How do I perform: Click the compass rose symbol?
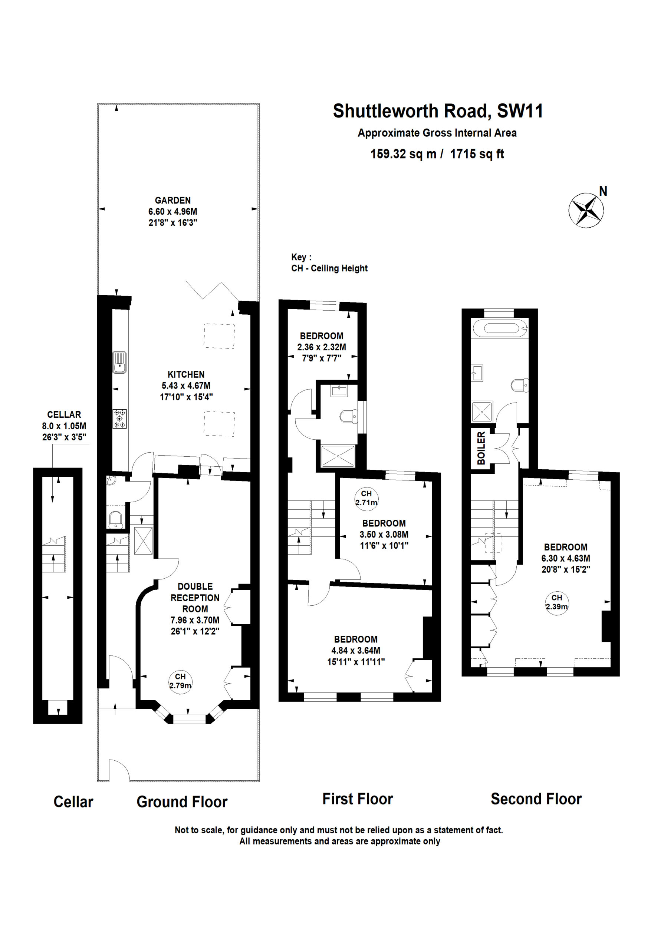pyautogui.click(x=586, y=210)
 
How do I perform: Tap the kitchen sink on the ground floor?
pyautogui.click(x=119, y=362)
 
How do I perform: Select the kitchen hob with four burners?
pyautogui.click(x=119, y=419)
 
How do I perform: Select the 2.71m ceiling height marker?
pyautogui.click(x=366, y=498)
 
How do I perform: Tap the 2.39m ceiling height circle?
pyautogui.click(x=557, y=602)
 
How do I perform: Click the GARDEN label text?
pyautogui.click(x=172, y=201)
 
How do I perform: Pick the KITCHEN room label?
pyautogui.click(x=186, y=374)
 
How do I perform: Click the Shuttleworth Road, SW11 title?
pyautogui.click(x=438, y=111)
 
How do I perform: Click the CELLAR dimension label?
pyautogui.click(x=64, y=426)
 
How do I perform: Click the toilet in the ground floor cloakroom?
pyautogui.click(x=116, y=519)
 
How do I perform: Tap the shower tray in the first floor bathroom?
pyautogui.click(x=338, y=456)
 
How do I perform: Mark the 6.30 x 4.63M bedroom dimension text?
pyautogui.click(x=566, y=558)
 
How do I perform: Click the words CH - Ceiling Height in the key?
pyautogui.click(x=329, y=268)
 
